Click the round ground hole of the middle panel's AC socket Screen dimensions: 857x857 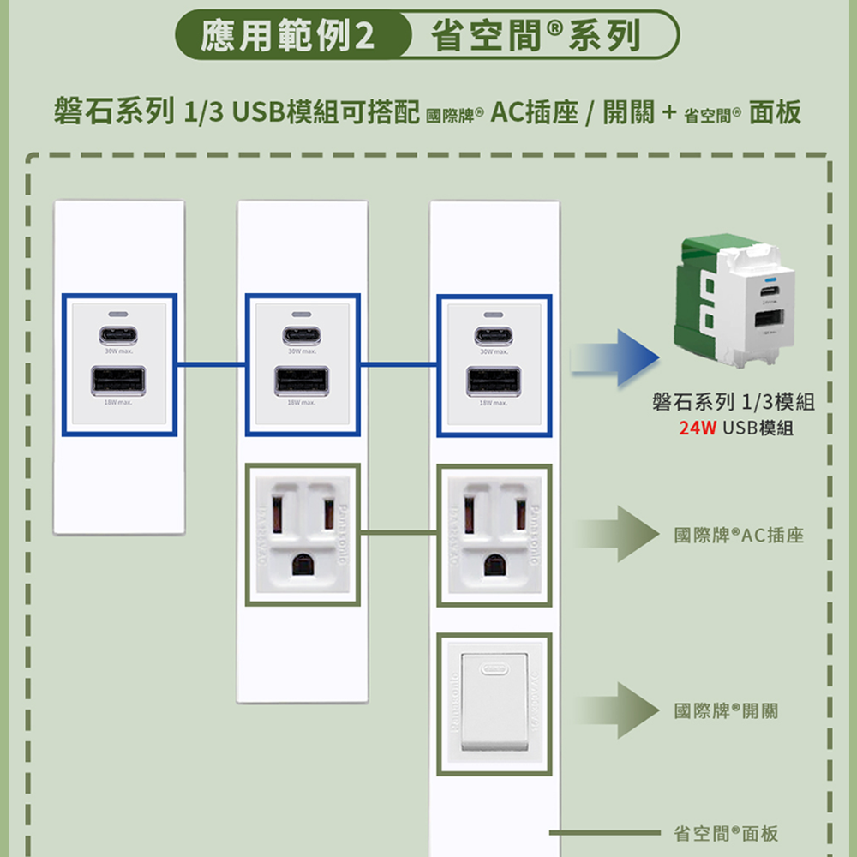point(302,564)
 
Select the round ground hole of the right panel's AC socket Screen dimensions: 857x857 point(494,564)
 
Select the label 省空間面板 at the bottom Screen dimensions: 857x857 point(727,833)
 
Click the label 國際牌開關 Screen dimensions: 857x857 point(727,710)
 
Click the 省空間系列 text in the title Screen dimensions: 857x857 point(536,37)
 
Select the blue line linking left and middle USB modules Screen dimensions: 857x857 point(211,365)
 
